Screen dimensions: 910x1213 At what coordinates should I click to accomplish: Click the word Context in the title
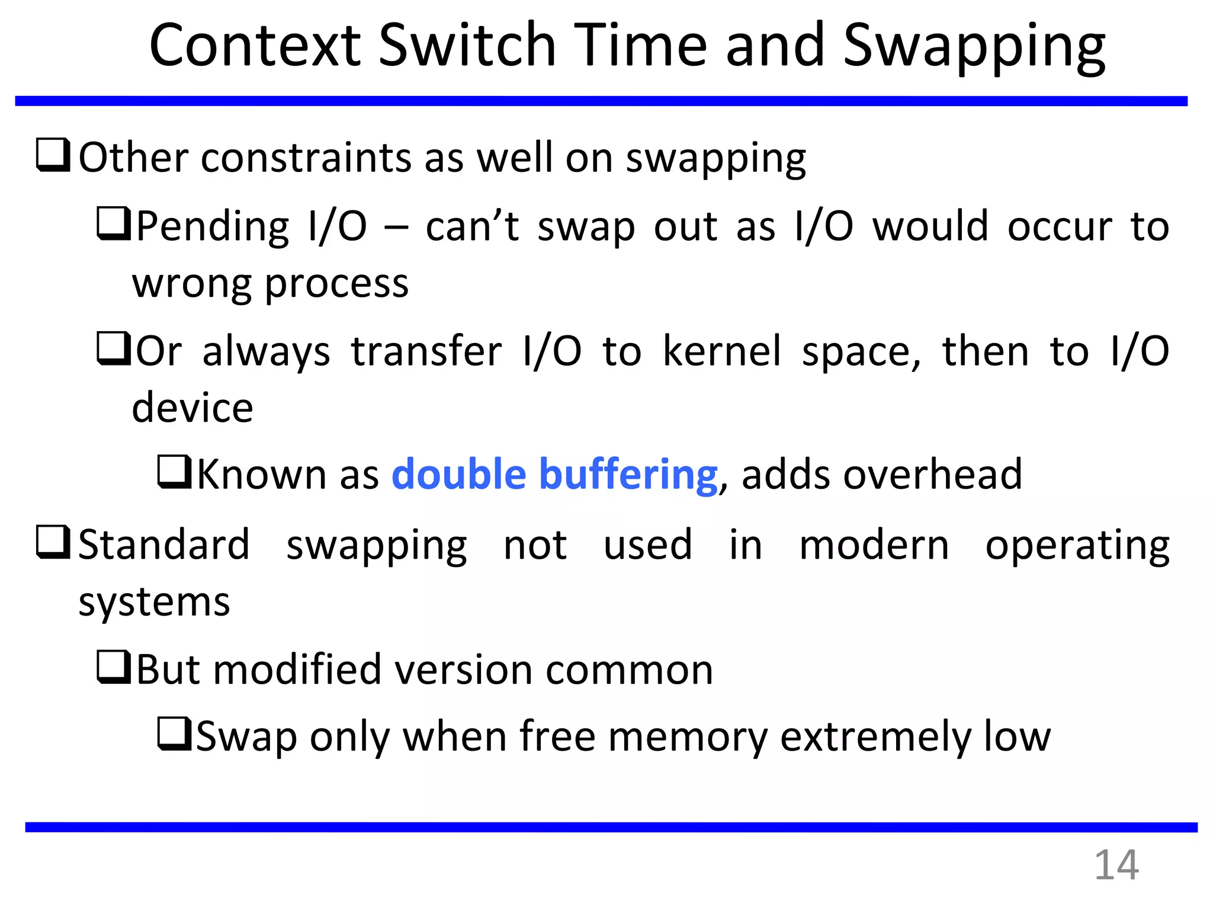[255, 45]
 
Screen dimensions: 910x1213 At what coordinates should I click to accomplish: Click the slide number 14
[1116, 866]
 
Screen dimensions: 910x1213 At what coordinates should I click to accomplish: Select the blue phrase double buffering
[554, 475]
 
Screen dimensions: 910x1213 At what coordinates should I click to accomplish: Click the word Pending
[213, 227]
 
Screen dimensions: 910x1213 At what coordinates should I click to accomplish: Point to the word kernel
[722, 351]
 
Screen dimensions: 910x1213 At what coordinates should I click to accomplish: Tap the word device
[192, 408]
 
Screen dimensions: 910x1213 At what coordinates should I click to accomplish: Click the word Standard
[164, 544]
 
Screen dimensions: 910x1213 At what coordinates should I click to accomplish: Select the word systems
[154, 603]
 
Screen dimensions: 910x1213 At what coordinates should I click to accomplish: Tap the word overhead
[881, 475]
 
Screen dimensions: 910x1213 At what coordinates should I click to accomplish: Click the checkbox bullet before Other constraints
[53, 155]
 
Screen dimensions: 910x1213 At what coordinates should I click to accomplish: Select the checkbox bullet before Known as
[174, 472]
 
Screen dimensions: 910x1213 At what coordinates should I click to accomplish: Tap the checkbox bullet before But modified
[114, 667]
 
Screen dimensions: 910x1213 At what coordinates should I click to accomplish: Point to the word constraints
[306, 158]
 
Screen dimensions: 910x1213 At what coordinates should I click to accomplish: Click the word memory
[687, 737]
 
